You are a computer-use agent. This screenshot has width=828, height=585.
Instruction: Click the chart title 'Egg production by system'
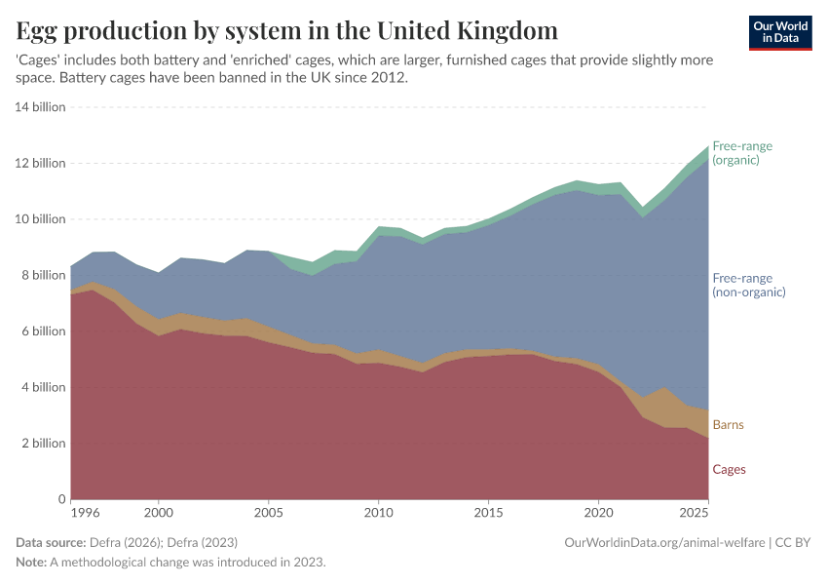286,30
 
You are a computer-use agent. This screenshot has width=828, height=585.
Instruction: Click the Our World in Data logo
780,32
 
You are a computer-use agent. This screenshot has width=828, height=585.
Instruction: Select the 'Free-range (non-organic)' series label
748,284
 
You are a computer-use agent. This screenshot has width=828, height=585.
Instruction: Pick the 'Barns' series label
729,425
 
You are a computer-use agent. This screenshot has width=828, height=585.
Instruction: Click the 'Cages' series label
729,469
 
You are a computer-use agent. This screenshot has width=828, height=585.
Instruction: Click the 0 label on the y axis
59,499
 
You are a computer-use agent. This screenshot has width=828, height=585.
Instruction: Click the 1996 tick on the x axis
84,512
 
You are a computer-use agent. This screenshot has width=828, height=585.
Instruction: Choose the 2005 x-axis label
268,512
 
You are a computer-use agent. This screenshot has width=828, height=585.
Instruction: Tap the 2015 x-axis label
488,512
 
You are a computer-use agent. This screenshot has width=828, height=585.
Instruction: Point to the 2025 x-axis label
694,512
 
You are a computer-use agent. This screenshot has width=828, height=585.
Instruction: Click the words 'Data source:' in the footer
51,542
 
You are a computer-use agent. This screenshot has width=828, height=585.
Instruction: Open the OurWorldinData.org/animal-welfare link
662,542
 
